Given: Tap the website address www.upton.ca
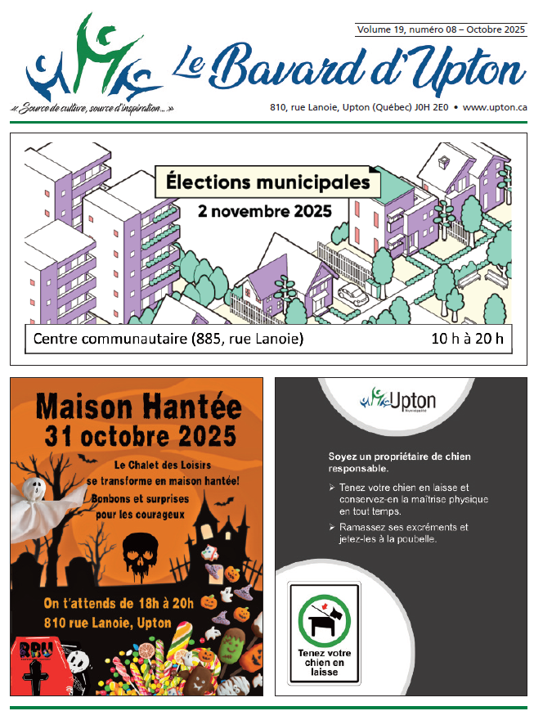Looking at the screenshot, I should tap(495, 107).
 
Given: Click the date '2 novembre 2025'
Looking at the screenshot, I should tap(265, 211).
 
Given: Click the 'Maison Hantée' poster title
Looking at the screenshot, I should tap(137, 405).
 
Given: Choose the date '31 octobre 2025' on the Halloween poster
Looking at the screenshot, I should tap(137, 434).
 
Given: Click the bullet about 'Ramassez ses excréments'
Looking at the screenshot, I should tap(401, 533).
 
